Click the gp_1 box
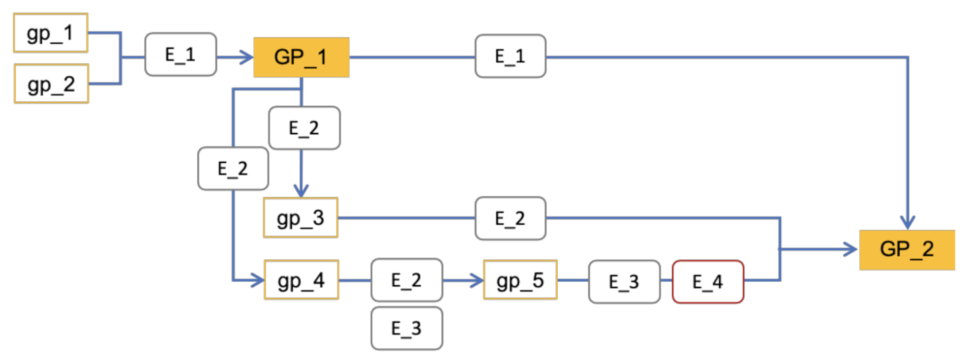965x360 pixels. (x=51, y=33)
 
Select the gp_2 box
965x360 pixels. (x=51, y=84)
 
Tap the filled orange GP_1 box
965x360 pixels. (x=301, y=57)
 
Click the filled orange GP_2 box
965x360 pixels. (x=907, y=250)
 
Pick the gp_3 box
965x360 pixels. (x=300, y=218)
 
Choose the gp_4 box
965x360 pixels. (x=301, y=280)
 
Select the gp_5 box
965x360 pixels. (x=520, y=280)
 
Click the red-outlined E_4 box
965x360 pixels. (x=708, y=282)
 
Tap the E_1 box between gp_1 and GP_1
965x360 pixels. (x=180, y=54)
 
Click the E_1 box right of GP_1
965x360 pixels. (x=510, y=56)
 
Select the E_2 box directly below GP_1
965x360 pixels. (x=304, y=128)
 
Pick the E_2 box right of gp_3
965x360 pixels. (x=510, y=218)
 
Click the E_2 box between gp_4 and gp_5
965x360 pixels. (x=407, y=280)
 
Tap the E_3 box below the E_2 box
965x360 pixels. (x=407, y=328)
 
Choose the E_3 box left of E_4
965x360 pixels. (x=624, y=282)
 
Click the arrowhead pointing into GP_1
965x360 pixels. (x=247, y=57)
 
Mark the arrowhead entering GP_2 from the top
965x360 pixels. (x=907, y=223)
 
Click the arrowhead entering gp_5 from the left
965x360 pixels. (x=476, y=280)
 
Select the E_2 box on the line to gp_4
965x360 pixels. (x=233, y=168)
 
